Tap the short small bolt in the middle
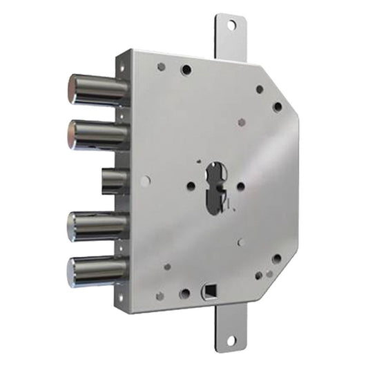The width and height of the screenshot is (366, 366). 113,181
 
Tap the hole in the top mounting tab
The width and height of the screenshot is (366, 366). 231,25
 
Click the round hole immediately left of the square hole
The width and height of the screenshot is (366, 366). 184,293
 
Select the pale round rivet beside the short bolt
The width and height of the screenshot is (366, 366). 144,181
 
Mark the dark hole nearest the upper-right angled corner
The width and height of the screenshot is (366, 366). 278,107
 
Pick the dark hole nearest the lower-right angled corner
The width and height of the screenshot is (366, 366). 276,259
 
